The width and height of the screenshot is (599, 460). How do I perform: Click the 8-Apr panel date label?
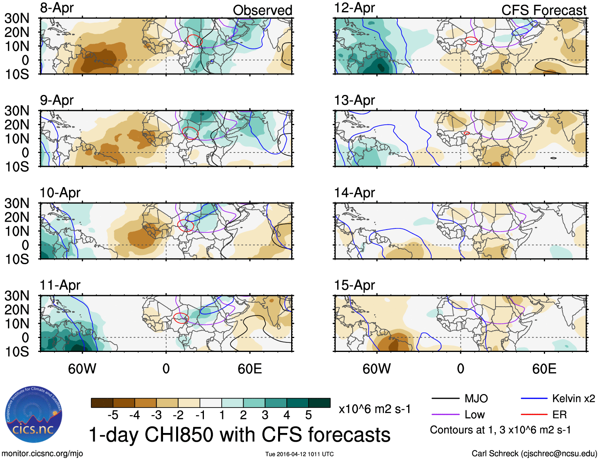[x=57, y=8]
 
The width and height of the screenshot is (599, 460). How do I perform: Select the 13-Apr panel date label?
[x=354, y=101]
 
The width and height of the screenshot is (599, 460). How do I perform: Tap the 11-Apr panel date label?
[x=60, y=285]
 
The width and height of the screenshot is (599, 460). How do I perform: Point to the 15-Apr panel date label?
[x=354, y=285]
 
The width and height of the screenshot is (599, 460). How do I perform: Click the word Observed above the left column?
[x=262, y=10]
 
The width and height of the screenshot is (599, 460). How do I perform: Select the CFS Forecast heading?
[x=543, y=10]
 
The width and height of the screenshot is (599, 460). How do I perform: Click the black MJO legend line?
[x=445, y=398]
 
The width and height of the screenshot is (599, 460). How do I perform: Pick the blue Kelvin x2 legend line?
[x=534, y=398]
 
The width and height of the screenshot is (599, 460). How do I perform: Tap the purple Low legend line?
[x=445, y=415]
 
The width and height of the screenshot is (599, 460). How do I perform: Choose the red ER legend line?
[x=534, y=415]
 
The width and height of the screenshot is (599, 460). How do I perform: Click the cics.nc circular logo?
[x=34, y=415]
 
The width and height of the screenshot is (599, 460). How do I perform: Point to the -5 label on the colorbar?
[x=113, y=416]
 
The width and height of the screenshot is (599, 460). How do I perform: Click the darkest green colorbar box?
[x=319, y=403]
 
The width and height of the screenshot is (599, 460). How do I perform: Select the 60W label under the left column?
[x=82, y=369]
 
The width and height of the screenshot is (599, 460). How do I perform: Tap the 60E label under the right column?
[x=544, y=369]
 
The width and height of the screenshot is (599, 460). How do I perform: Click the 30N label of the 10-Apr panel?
[x=17, y=203]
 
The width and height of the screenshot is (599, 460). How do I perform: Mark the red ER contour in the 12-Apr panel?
[x=471, y=41]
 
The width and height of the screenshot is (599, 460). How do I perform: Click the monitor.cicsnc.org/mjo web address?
[x=42, y=454]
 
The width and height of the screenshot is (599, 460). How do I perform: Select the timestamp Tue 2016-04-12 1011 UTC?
[x=299, y=454]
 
